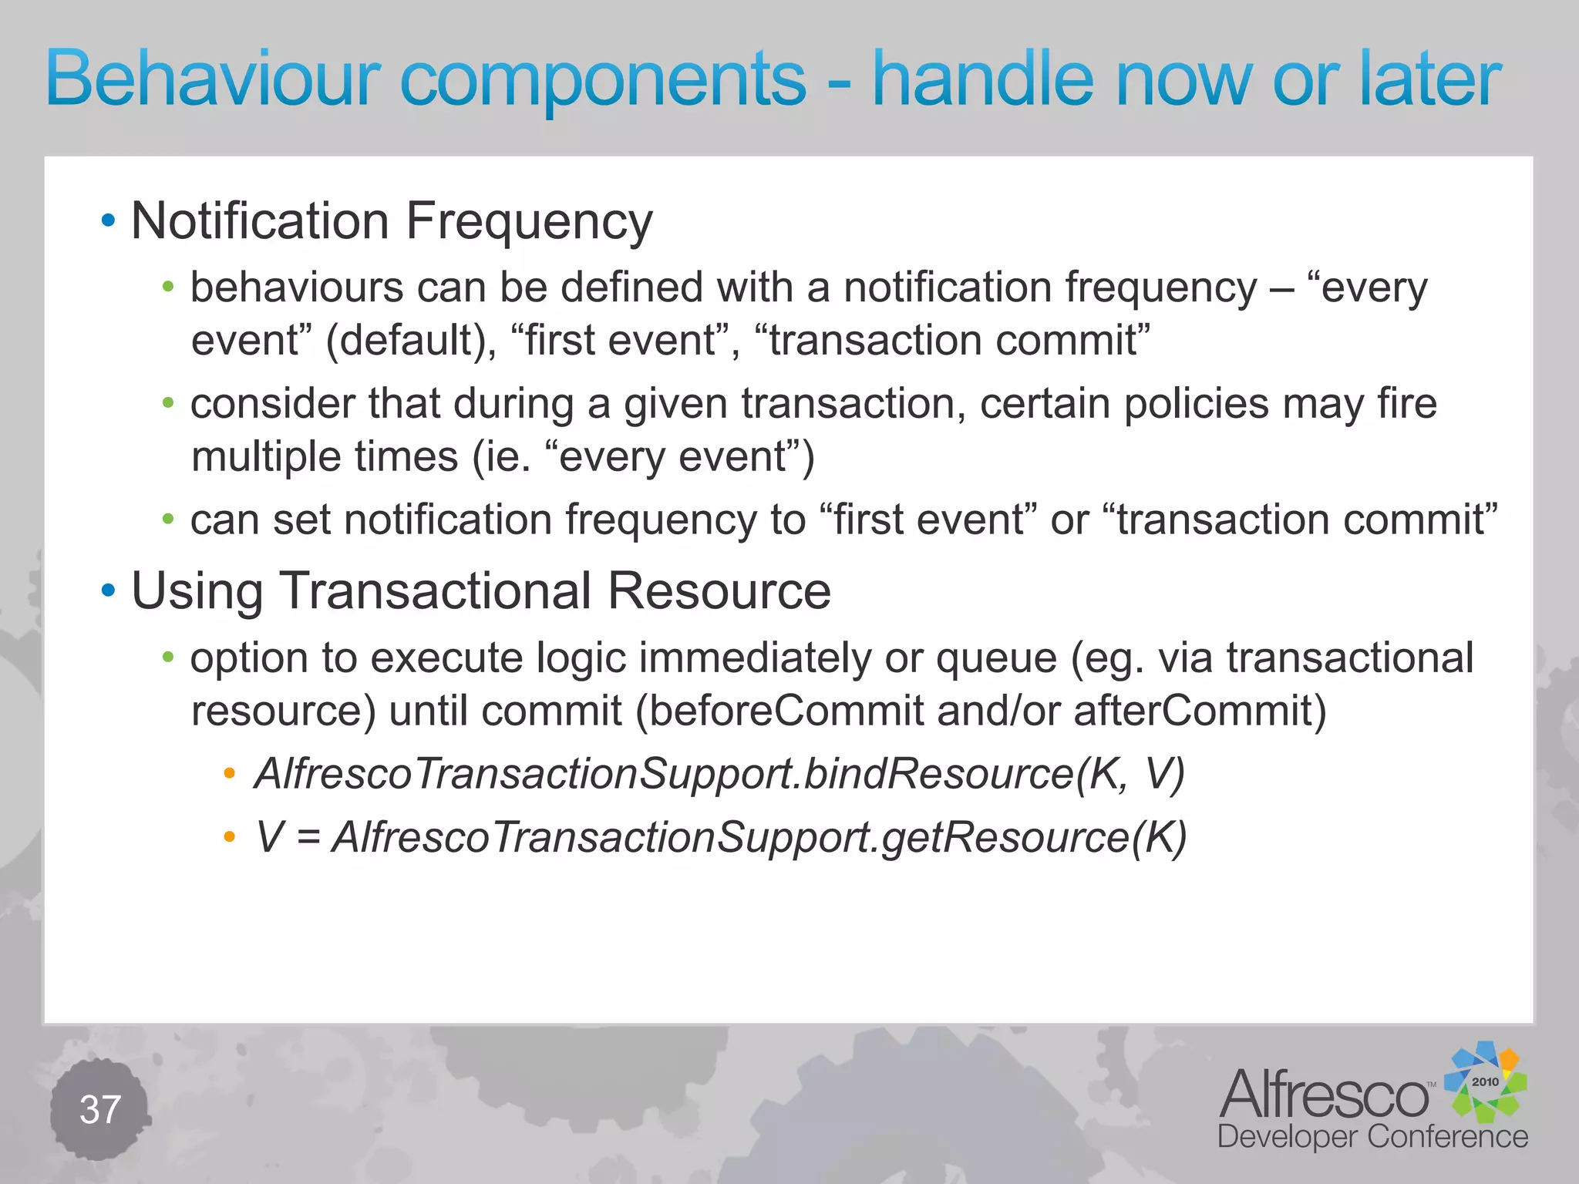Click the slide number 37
(x=100, y=1110)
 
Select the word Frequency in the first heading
(x=529, y=222)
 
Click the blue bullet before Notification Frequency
(x=109, y=221)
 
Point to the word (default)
(x=411, y=341)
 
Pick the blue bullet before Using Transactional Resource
(x=109, y=591)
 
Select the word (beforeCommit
(x=779, y=711)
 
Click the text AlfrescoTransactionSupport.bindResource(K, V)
(x=719, y=774)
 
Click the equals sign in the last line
(x=308, y=838)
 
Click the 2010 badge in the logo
(x=1484, y=1081)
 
